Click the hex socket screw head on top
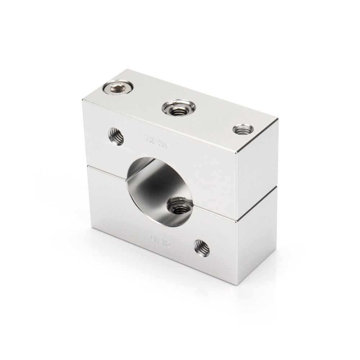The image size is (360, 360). [117, 87]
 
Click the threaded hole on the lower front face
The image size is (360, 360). [202, 248]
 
